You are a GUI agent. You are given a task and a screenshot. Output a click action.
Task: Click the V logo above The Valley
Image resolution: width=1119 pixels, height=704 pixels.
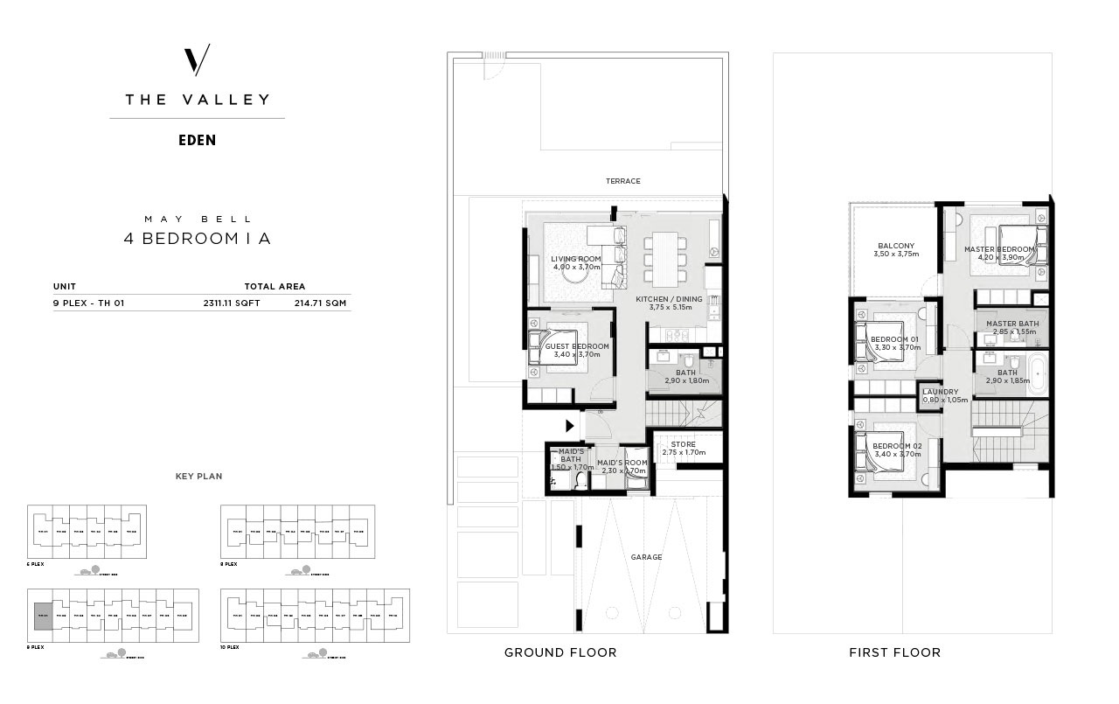197,60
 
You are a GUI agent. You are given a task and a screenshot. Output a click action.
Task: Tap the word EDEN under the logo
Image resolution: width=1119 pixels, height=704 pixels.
197,140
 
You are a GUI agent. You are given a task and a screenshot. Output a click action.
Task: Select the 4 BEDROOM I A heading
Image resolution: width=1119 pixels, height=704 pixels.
197,239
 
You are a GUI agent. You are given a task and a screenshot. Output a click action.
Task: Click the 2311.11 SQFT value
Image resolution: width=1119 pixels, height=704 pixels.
232,303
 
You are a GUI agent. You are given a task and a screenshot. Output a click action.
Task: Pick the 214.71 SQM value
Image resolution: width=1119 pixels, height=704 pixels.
323,303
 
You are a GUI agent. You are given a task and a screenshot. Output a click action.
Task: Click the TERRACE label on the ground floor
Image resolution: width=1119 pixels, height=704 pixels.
623,181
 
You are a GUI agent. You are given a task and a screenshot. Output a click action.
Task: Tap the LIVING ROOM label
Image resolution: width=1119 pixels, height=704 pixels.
575,259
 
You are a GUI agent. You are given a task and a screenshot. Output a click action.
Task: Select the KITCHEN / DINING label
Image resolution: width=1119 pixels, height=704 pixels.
670,299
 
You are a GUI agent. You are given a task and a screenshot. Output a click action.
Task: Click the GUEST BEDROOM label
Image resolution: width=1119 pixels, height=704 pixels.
576,346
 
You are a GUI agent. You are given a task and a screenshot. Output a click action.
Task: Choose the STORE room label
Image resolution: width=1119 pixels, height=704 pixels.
683,444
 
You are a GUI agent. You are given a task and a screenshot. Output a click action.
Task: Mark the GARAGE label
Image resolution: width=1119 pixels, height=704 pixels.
646,557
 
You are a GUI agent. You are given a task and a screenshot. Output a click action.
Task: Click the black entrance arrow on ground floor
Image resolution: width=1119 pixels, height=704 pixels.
570,427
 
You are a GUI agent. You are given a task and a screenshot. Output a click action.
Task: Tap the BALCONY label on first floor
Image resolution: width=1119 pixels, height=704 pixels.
896,246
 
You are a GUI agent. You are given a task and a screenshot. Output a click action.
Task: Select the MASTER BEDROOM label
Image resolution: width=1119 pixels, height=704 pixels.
998,249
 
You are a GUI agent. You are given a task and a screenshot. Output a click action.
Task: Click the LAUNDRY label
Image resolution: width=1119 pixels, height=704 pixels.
941,392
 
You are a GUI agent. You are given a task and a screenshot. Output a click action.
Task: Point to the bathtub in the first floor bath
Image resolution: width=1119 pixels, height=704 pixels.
1037,373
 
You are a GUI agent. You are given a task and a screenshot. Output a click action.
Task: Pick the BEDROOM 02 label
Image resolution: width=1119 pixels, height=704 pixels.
896,446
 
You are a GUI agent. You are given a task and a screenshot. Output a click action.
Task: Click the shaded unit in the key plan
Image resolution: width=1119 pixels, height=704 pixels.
42,617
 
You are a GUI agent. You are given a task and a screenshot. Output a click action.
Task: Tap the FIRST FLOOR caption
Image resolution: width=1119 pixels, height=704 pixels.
894,652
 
